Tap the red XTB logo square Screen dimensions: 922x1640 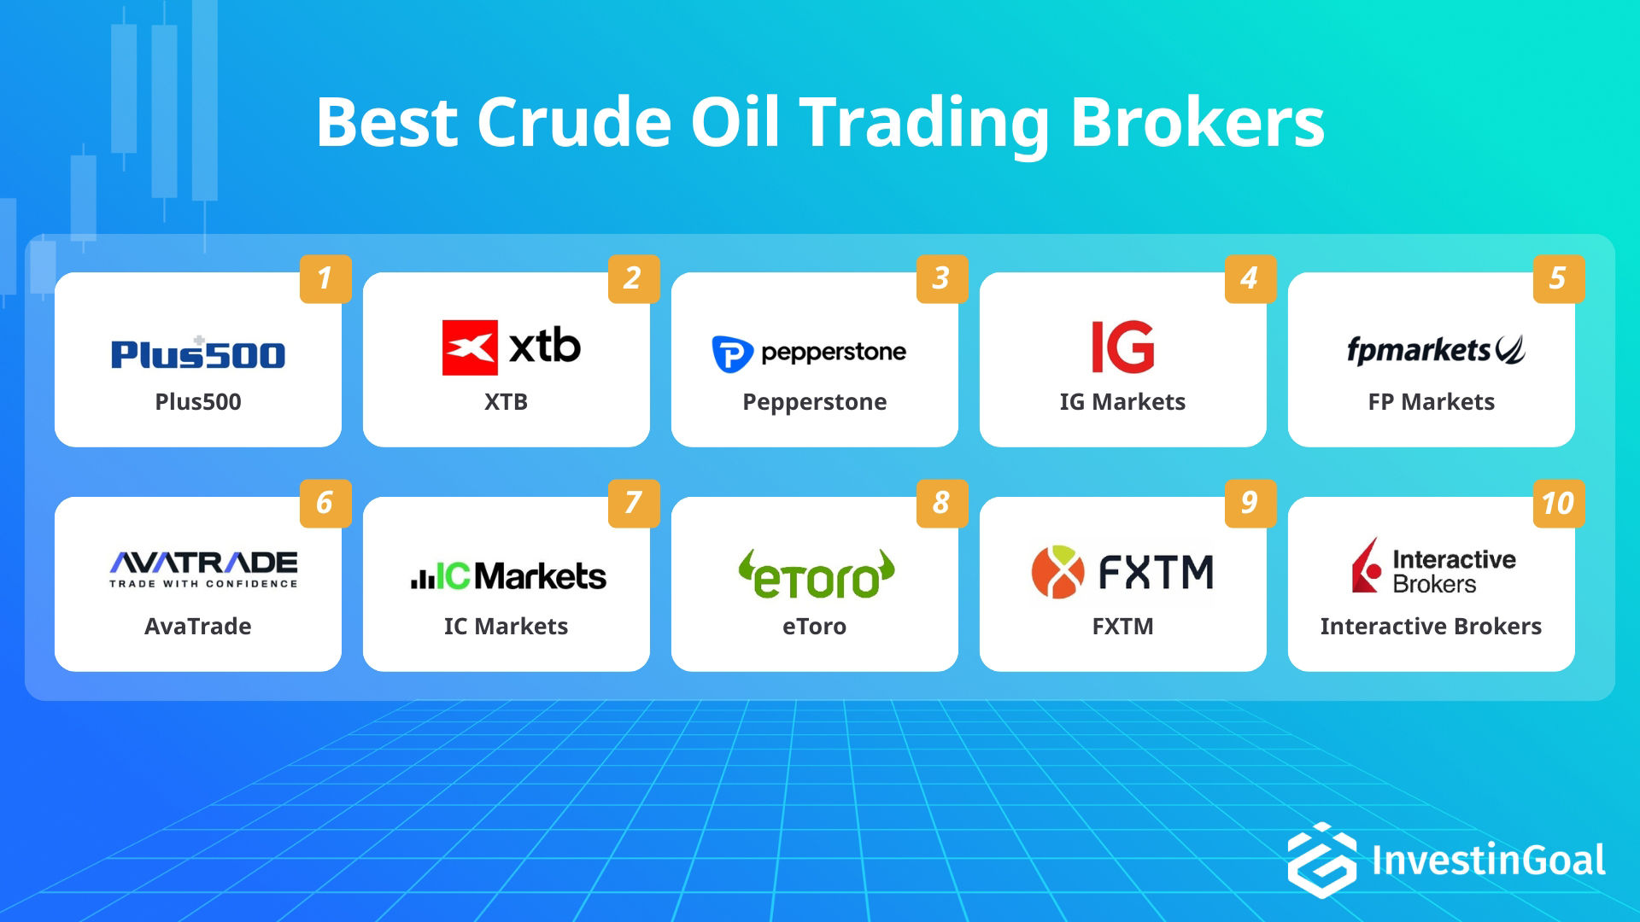pos(469,347)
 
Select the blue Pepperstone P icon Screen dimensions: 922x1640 pos(732,353)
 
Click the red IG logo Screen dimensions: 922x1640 pos(1122,347)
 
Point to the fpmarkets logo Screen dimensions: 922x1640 pos(1435,350)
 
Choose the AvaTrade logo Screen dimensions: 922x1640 pos(203,569)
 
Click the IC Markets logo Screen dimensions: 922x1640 pos(508,576)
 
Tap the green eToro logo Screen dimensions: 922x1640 pos(816,575)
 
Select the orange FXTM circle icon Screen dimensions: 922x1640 pos(1057,572)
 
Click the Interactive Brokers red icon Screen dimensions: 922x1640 pos(1367,566)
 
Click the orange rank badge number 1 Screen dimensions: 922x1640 pos(325,278)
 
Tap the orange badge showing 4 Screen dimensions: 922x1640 pos(1250,278)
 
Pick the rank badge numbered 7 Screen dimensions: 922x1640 pos(633,503)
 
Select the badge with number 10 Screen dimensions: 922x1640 pos(1558,503)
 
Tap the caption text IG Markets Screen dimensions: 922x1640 pos(1122,402)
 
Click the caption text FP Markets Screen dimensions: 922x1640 pos(1431,402)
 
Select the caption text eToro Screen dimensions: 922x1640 pos(814,627)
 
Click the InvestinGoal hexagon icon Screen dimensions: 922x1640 pos(1321,860)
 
